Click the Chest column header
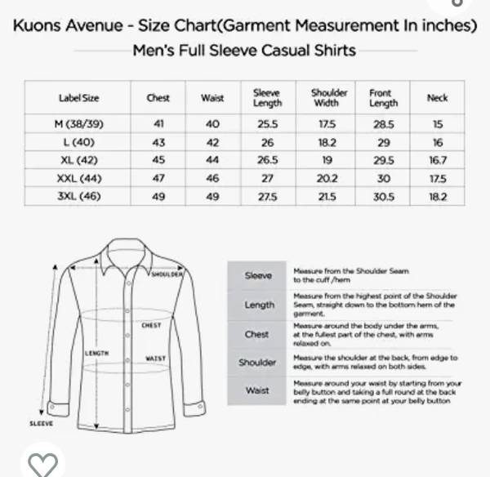tap(158, 98)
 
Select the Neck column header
tap(438, 98)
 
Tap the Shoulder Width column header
tap(330, 98)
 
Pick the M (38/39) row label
tap(79, 125)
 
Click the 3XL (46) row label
tap(79, 196)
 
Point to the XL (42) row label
tap(79, 160)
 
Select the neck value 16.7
tap(438, 160)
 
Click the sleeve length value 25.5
tap(267, 125)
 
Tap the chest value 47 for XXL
tap(158, 178)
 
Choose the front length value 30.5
tap(382, 196)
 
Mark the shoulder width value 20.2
tap(330, 178)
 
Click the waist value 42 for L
tap(212, 143)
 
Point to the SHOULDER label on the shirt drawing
tap(167, 274)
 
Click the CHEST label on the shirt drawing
tap(151, 325)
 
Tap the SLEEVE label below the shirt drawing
tap(42, 424)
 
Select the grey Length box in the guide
tap(259, 305)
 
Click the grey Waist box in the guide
tap(258, 390)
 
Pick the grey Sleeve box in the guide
tap(258, 275)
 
